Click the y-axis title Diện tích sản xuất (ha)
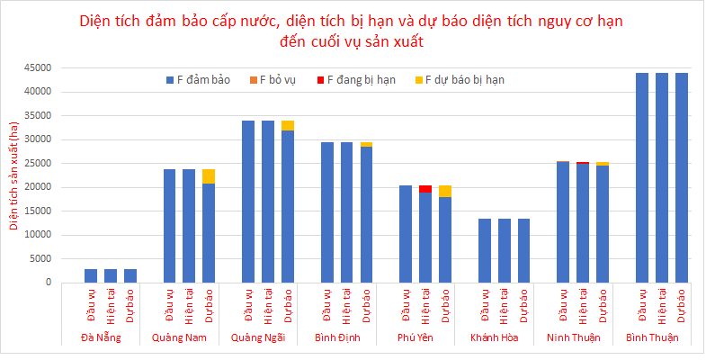coord(14,175)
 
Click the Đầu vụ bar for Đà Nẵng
coord(91,275)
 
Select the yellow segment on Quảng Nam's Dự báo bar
coord(209,175)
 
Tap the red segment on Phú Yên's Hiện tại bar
coord(425,189)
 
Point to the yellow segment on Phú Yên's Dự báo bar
coord(445,191)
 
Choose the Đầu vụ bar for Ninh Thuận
coord(563,221)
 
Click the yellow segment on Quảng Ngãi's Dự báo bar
coord(288,125)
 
